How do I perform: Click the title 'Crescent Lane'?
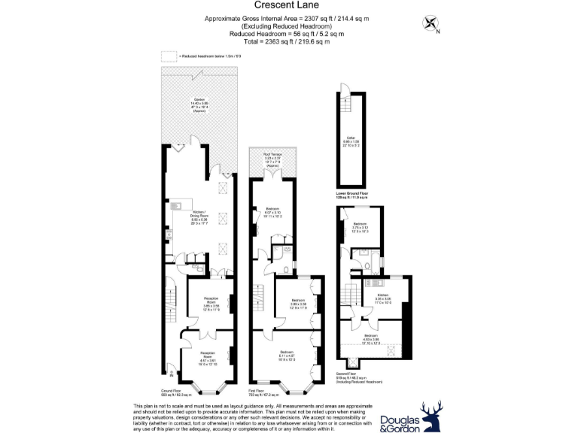point(289,6)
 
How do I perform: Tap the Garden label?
point(199,103)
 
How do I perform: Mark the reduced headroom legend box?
point(169,56)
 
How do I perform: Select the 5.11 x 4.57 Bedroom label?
point(287,354)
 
